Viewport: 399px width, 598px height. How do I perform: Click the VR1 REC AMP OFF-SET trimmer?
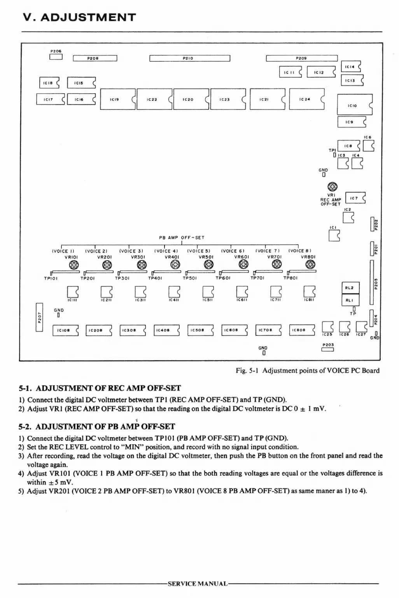[x=332, y=186]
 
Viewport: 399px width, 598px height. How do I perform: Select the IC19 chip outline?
[x=117, y=99]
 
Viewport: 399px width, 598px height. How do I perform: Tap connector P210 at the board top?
[x=190, y=58]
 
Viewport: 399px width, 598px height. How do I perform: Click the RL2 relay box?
[x=350, y=288]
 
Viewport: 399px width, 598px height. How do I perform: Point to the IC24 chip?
[x=306, y=99]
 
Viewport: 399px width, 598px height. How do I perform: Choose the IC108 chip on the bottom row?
[x=65, y=330]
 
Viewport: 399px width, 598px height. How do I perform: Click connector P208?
[x=95, y=58]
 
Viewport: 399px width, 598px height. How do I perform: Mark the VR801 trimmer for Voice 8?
[x=310, y=265]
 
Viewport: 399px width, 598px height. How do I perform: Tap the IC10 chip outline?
[x=354, y=105]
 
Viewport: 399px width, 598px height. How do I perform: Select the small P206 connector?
[x=56, y=57]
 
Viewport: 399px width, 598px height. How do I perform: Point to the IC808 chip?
[x=302, y=330]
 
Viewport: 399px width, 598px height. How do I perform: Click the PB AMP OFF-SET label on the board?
[x=182, y=238]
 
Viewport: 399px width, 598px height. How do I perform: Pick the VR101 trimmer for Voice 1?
[x=73, y=265]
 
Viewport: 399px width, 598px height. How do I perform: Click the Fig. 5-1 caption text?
[x=307, y=370]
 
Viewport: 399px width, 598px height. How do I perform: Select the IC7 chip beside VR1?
[x=355, y=198]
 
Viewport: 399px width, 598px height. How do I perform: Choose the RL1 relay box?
[x=350, y=300]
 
